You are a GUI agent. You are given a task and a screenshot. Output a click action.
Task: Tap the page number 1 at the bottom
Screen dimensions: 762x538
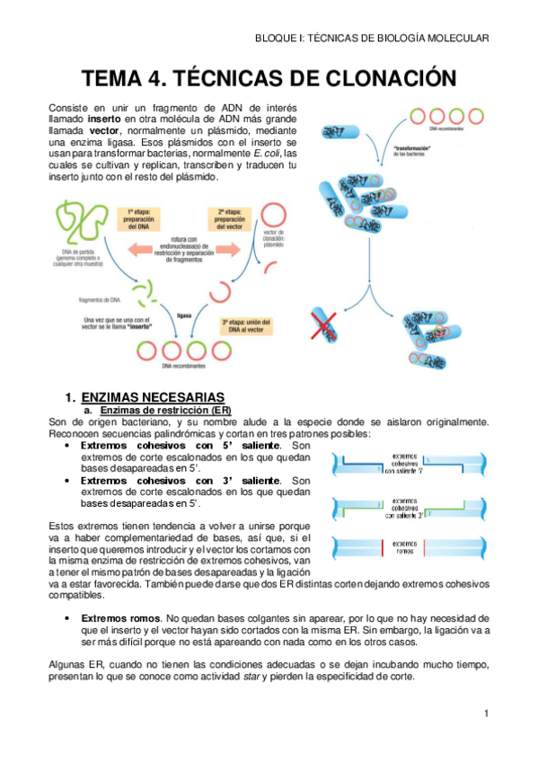point(485,713)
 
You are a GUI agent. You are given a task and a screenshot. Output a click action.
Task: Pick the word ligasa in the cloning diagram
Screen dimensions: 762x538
point(184,316)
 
